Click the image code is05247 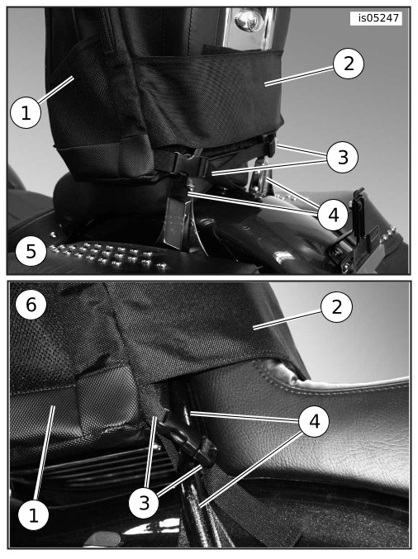pyautogui.click(x=378, y=18)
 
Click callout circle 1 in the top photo pyautogui.click(x=26, y=113)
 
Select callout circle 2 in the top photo pyautogui.click(x=349, y=64)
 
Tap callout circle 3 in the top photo pyautogui.click(x=342, y=157)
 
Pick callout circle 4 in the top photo pyautogui.click(x=333, y=215)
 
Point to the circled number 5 pyautogui.click(x=31, y=251)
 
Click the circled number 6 pyautogui.click(x=31, y=305)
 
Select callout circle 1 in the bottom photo pyautogui.click(x=33, y=515)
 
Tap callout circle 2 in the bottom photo pyautogui.click(x=336, y=307)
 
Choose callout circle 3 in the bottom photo pyautogui.click(x=144, y=503)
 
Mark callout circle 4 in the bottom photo pyautogui.click(x=314, y=422)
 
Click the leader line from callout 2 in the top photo pyautogui.click(x=300, y=75)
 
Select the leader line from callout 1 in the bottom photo pyautogui.click(x=45, y=452)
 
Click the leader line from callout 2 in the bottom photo pyautogui.click(x=287, y=320)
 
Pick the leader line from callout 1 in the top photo pyautogui.click(x=56, y=89)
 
